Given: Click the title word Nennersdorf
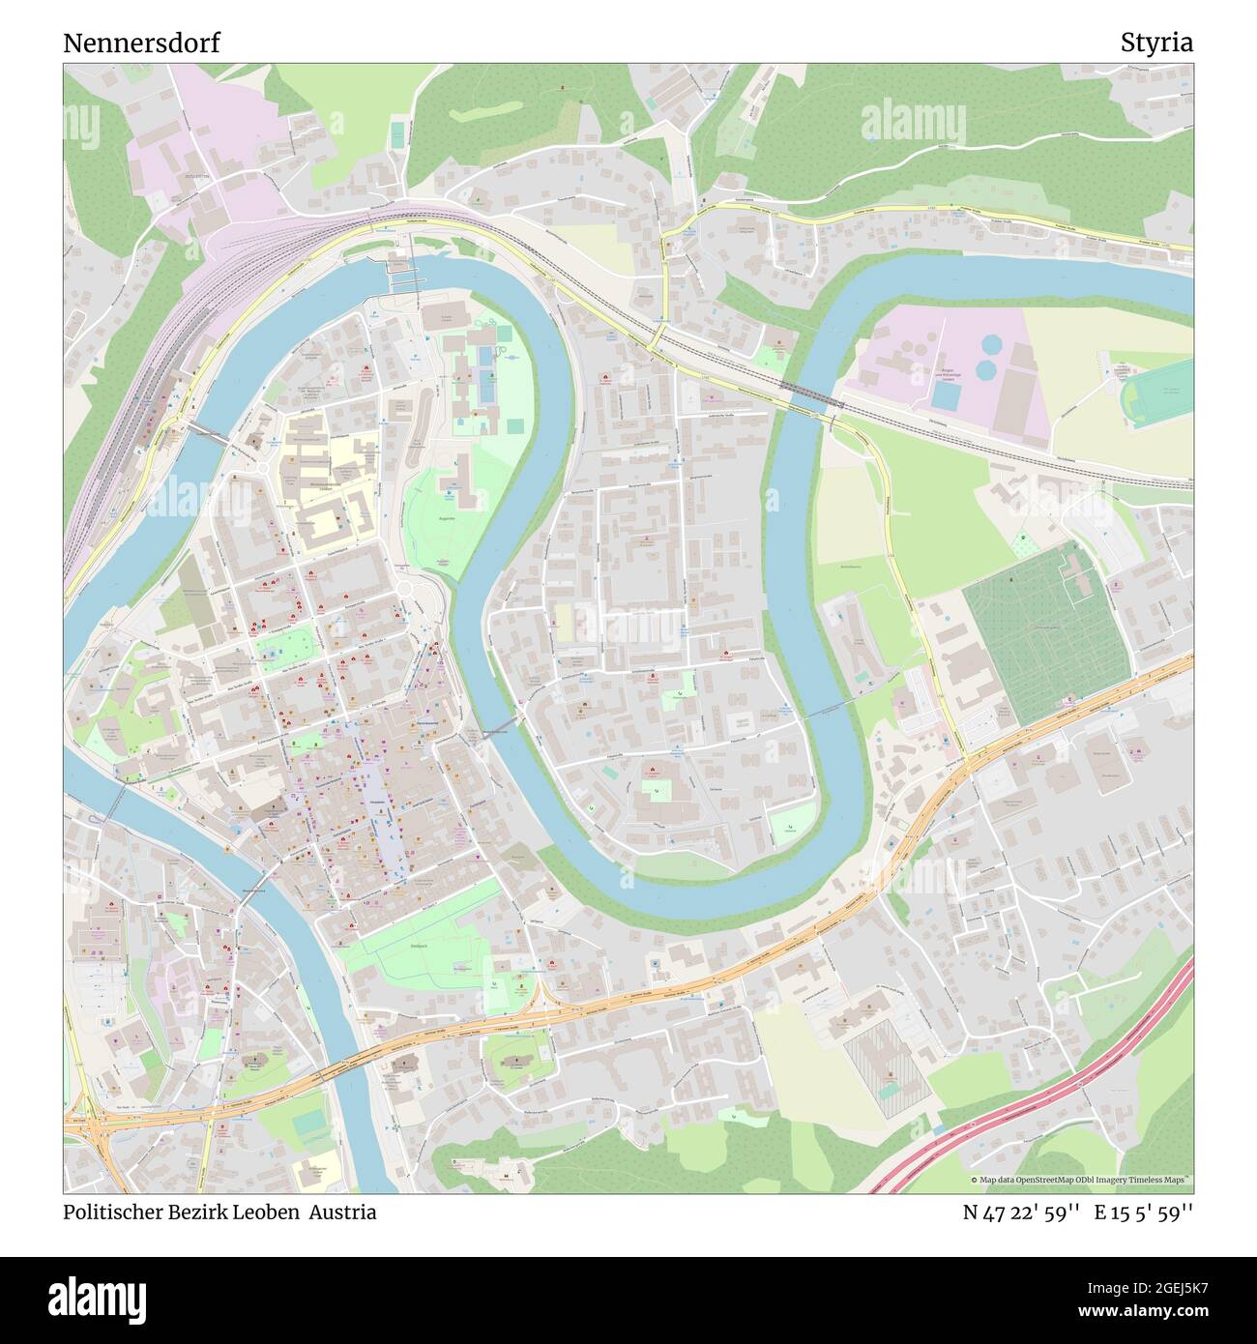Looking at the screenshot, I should click(141, 43).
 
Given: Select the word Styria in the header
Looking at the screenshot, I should click(1156, 43).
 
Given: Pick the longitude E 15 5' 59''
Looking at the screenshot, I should click(1144, 1213).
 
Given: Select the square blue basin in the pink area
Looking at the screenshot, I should click(948, 396).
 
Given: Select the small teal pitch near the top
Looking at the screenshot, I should click(397, 134).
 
